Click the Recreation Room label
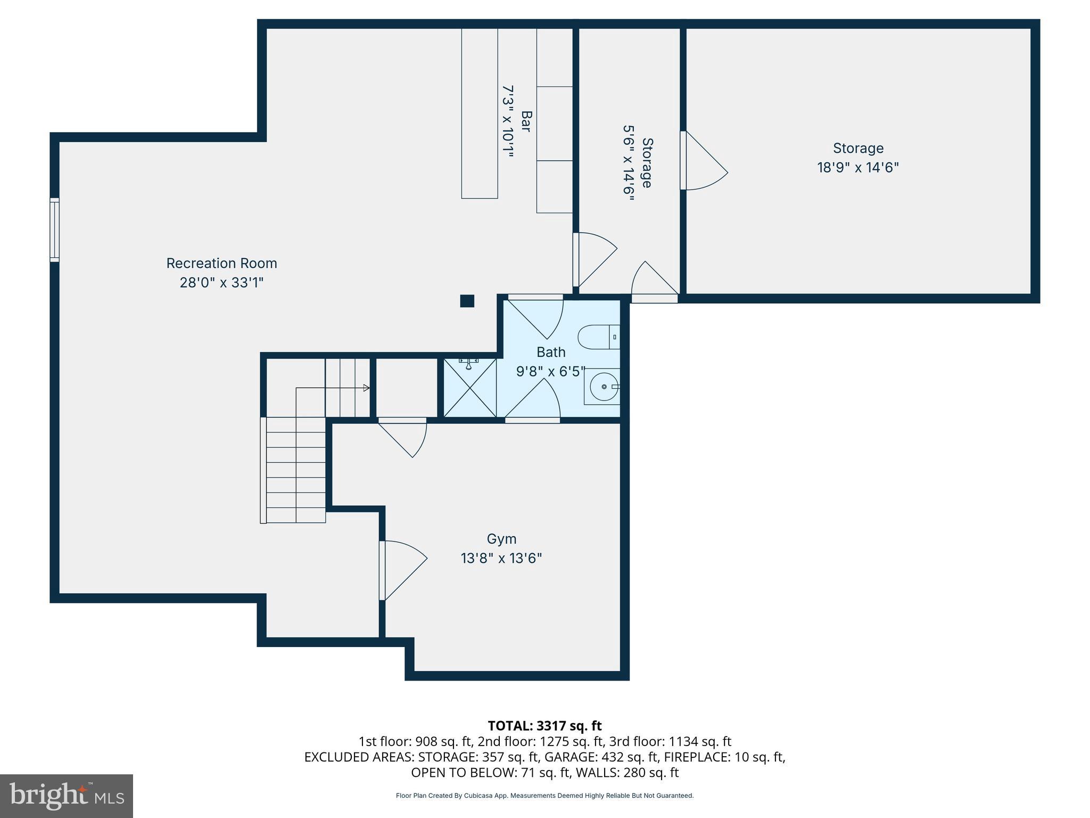click(221, 263)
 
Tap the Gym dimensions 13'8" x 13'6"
click(501, 558)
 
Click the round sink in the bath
click(604, 386)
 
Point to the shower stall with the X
click(469, 388)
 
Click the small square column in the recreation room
click(467, 301)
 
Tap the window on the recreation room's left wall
click(54, 230)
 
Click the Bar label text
click(526, 121)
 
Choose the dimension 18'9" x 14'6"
click(857, 168)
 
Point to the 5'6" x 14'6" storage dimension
click(629, 163)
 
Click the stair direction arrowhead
click(366, 388)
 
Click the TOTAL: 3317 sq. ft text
click(544, 726)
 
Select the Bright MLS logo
click(67, 796)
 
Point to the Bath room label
click(551, 352)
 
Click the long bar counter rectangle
click(479, 113)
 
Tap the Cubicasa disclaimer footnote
click(544, 796)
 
